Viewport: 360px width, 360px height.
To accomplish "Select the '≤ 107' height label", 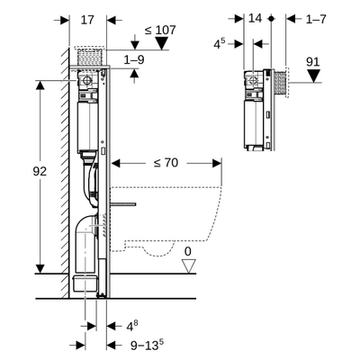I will pyautogui.click(x=159, y=29).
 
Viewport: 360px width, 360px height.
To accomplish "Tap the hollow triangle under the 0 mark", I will pyautogui.click(x=188, y=266).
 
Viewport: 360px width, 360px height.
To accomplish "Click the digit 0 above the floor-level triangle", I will pyautogui.click(x=187, y=251).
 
